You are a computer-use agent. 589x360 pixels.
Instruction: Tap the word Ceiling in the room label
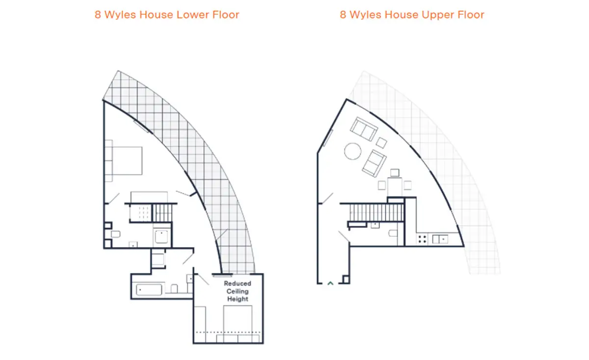(238, 291)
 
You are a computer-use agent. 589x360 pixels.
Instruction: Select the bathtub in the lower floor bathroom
(149, 290)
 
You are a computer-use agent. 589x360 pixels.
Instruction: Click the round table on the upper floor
(352, 151)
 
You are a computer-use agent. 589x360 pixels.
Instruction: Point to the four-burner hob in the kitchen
(422, 239)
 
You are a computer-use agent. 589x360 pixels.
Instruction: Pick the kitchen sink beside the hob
(440, 239)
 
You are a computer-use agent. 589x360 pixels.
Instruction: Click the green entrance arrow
(330, 283)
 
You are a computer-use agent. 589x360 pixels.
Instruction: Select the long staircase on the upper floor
(376, 213)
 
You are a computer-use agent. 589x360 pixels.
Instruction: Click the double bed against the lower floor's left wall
(124, 161)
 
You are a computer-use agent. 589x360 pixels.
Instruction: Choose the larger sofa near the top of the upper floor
(364, 129)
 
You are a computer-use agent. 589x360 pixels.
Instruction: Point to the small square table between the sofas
(381, 142)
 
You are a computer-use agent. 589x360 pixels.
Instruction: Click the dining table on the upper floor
(395, 187)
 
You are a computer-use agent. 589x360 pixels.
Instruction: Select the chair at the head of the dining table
(395, 172)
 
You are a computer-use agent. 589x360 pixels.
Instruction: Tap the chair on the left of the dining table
(382, 185)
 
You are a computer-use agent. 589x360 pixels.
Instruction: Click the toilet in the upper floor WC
(393, 233)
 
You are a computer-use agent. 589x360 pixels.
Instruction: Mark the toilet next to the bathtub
(174, 288)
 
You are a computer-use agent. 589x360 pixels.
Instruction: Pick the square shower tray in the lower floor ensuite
(161, 237)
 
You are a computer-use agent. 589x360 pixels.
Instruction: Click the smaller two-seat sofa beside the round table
(374, 164)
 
